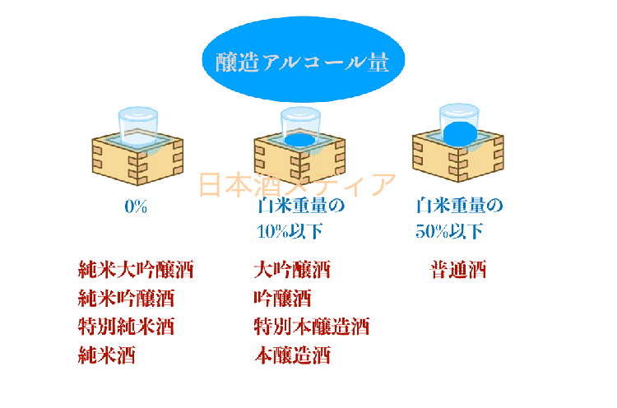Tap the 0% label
(136, 206)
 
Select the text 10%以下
(289, 232)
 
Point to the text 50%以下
(448, 232)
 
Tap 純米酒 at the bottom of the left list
(106, 355)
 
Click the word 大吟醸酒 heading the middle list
(292, 270)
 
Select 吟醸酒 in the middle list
(282, 298)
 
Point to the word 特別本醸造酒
(312, 327)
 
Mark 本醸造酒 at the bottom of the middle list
(292, 355)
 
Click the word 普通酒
(458, 270)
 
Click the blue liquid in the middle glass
(300, 141)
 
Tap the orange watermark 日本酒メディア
(297, 185)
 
